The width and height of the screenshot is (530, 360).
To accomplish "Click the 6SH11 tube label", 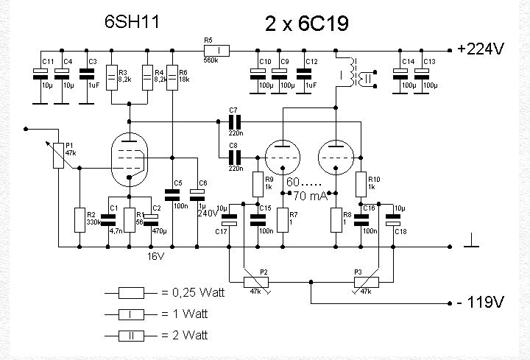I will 130,22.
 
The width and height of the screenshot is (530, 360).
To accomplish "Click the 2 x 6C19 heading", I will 307,24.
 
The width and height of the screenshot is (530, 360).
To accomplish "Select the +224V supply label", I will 480,49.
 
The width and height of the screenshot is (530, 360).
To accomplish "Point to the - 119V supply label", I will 481,303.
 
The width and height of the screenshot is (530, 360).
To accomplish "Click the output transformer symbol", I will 359,74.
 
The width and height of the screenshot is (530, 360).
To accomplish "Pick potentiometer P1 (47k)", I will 58,156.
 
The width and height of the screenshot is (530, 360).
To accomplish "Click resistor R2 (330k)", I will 79,219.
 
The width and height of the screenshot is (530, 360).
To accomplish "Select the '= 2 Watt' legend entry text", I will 185,336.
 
